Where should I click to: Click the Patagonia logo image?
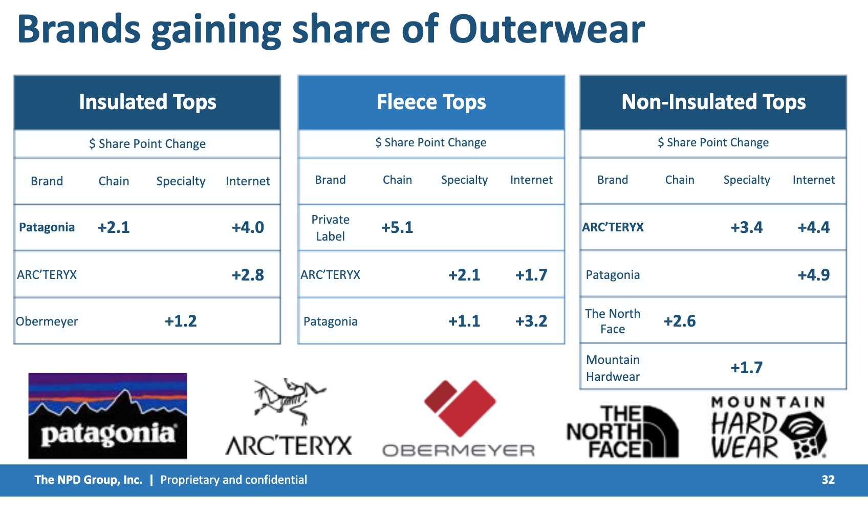pyautogui.click(x=107, y=416)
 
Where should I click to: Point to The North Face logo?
pyautogui.click(x=622, y=432)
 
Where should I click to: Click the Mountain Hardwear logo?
pyautogui.click(x=769, y=427)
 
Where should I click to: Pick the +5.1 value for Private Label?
pyautogui.click(x=397, y=227)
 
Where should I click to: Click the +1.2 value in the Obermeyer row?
pyautogui.click(x=181, y=321)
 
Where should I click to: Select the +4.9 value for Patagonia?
pyautogui.click(x=814, y=275)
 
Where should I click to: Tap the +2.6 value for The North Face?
pyautogui.click(x=680, y=321)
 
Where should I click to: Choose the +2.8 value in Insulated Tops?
pyautogui.click(x=248, y=275)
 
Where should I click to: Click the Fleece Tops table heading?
pyautogui.click(x=431, y=102)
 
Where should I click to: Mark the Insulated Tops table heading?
pyautogui.click(x=147, y=102)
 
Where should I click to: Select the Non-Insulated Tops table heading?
pyautogui.click(x=713, y=102)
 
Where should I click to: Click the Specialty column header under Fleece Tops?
pyautogui.click(x=464, y=180)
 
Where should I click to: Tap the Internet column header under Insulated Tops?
pyautogui.click(x=248, y=181)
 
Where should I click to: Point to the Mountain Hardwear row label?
pyautogui.click(x=613, y=368)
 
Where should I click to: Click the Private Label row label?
pyautogui.click(x=331, y=228)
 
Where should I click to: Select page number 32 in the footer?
pyautogui.click(x=828, y=480)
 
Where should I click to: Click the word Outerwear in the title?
pyautogui.click(x=547, y=30)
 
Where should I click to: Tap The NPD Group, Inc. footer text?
pyautogui.click(x=89, y=480)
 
